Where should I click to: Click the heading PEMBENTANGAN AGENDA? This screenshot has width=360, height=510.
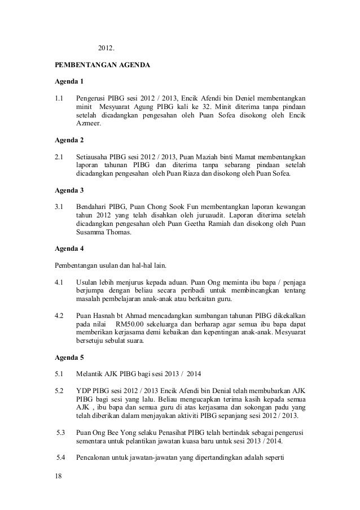click(x=102, y=66)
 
